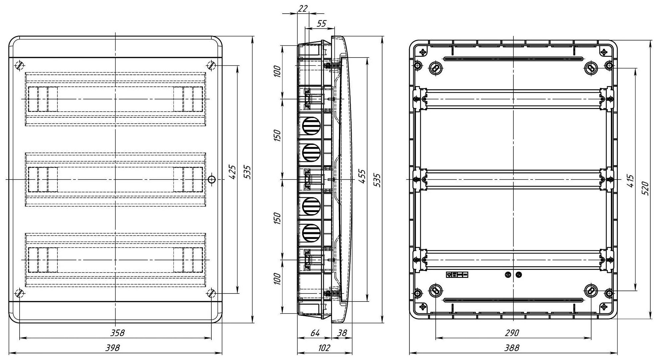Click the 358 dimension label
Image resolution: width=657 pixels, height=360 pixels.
(117, 332)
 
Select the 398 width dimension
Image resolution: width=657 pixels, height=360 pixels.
(113, 348)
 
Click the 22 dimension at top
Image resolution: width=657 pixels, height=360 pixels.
(302, 9)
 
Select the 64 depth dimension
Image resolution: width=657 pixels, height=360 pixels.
(315, 332)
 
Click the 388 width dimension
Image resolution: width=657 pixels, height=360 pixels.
(511, 348)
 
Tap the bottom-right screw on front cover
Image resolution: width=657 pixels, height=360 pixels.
(211, 293)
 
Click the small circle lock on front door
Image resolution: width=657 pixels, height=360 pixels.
(212, 180)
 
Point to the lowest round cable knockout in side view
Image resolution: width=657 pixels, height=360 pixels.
(311, 233)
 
